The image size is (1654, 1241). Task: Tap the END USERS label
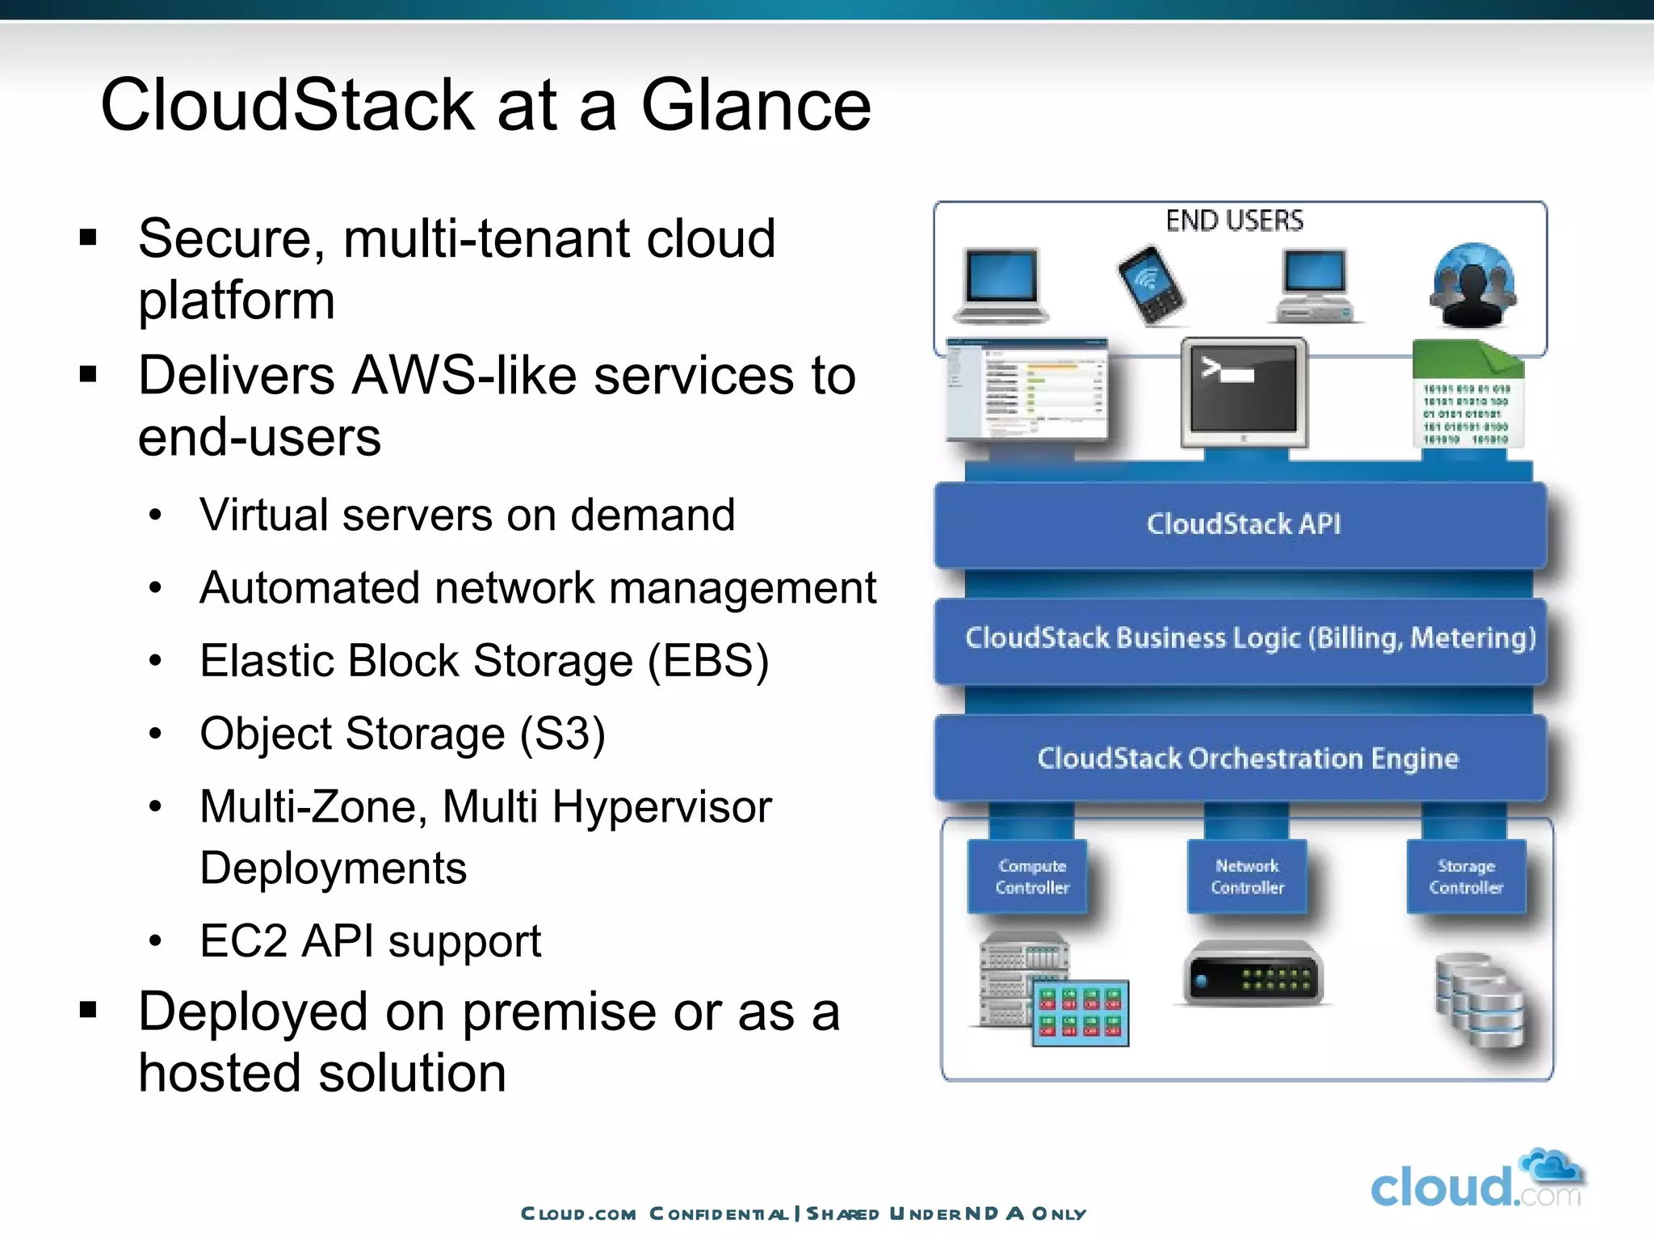[1234, 221]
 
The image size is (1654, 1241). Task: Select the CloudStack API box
[1242, 524]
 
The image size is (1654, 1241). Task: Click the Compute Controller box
[1031, 877]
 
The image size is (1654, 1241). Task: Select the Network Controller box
[1247, 877]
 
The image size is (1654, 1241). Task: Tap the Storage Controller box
[1466, 877]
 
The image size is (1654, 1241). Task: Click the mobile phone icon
[1151, 285]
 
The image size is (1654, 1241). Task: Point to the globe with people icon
[1472, 285]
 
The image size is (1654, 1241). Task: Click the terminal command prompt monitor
[1244, 392]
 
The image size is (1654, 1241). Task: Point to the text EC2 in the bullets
[243, 941]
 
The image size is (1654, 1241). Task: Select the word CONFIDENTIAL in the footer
[718, 1214]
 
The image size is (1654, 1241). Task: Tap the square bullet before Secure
[88, 238]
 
